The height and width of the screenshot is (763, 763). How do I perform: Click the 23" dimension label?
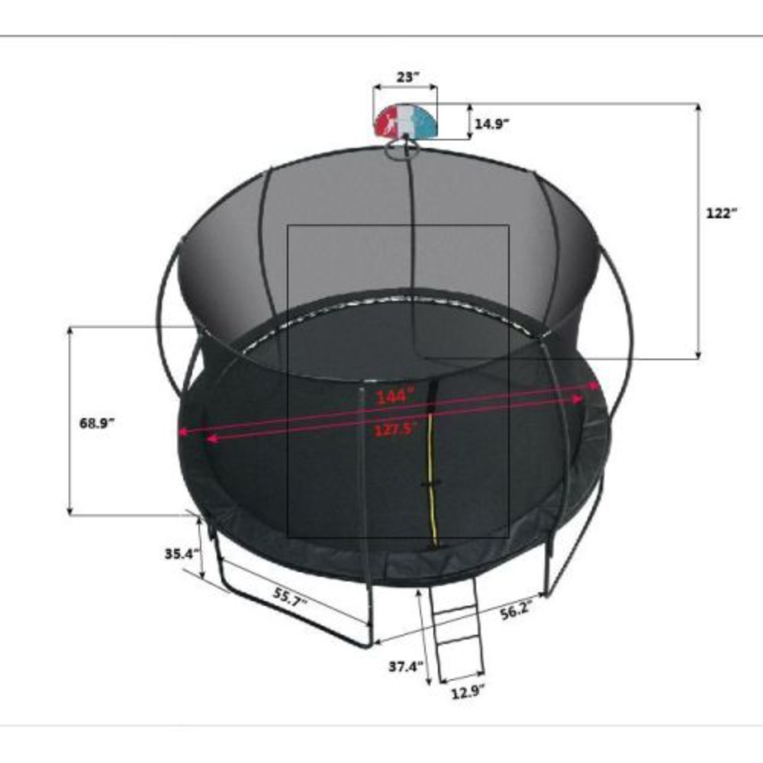[x=407, y=76]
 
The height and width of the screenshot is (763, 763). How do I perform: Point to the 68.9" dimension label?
[x=97, y=423]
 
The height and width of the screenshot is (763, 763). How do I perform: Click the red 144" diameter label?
[x=394, y=396]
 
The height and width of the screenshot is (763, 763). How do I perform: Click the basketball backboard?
[x=405, y=121]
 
